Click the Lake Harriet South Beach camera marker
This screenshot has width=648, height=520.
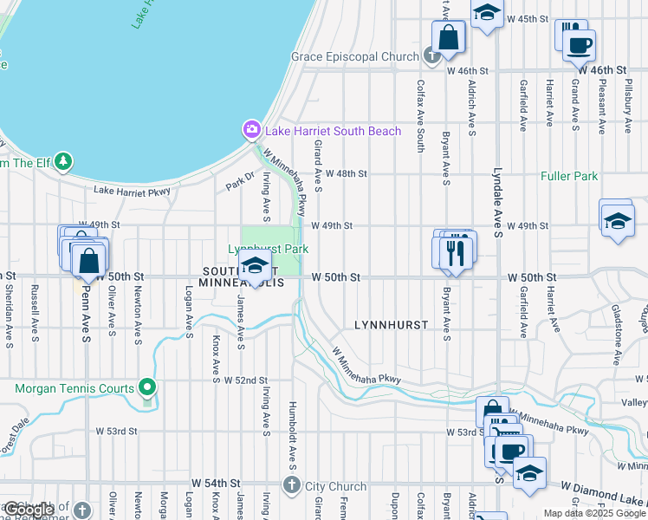[x=251, y=130]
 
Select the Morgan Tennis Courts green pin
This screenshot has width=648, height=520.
[x=147, y=387]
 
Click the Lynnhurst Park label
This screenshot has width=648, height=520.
[x=269, y=249]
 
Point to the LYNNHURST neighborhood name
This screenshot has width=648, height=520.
[x=392, y=324]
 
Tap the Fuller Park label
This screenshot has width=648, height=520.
[x=569, y=176]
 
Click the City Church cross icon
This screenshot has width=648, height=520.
[x=292, y=485]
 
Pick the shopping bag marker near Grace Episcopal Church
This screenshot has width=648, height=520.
[x=449, y=37]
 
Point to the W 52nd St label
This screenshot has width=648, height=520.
[x=246, y=380]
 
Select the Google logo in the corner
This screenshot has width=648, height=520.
[x=29, y=510]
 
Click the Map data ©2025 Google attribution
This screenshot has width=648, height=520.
[x=594, y=513]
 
